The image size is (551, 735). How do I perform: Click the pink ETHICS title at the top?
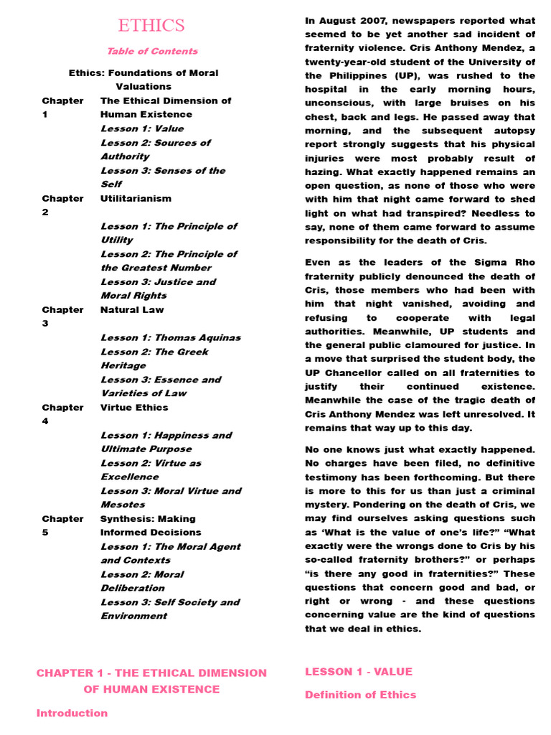click(x=151, y=26)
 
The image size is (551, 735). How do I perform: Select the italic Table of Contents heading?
click(x=152, y=51)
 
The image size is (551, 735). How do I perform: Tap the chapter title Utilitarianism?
click(x=136, y=198)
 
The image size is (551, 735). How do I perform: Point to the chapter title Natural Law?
click(x=132, y=309)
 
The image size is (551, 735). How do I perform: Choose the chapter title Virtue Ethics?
click(x=134, y=407)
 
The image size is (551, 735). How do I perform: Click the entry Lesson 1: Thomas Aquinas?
click(x=170, y=337)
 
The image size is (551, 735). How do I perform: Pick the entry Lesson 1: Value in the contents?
click(x=142, y=128)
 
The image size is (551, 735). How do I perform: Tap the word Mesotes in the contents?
click(x=123, y=505)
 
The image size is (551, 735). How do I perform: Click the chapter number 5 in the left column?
click(x=45, y=533)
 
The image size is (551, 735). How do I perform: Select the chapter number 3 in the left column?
click(x=45, y=324)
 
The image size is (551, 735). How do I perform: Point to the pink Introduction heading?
click(x=72, y=713)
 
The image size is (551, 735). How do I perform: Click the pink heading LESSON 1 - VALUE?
click(x=359, y=672)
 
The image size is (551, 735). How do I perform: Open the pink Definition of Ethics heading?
click(x=360, y=695)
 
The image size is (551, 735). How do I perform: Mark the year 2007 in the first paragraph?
click(x=366, y=21)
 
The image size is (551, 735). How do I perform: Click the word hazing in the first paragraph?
click(x=322, y=172)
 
